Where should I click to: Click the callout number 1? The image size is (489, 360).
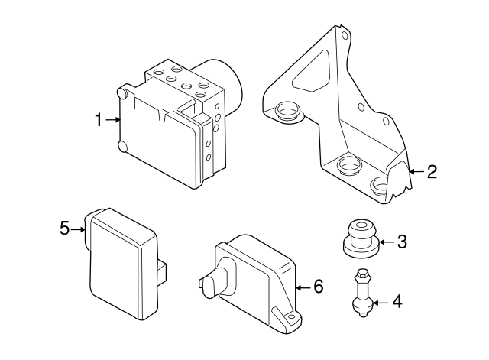(98, 120)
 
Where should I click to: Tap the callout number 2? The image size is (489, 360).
(432, 172)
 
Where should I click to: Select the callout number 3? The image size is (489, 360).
(402, 242)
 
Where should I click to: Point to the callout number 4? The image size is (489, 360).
(396, 302)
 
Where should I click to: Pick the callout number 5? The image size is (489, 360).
(64, 227)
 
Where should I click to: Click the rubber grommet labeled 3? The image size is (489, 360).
(359, 237)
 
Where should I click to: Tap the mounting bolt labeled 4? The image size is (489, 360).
(363, 294)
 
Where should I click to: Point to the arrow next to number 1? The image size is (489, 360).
(113, 120)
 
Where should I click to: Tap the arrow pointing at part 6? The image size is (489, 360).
(303, 287)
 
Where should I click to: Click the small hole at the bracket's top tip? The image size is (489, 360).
(346, 35)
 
